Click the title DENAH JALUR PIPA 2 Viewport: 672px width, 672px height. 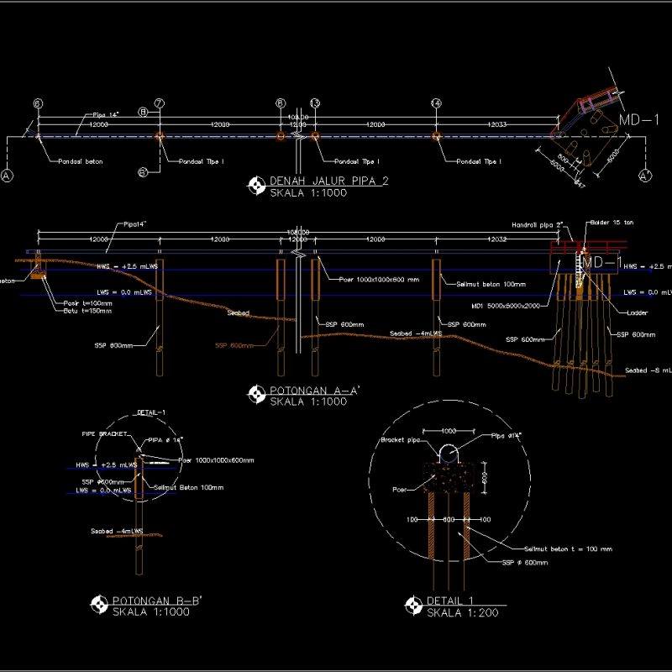click(329, 181)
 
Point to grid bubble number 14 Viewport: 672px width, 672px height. click(436, 103)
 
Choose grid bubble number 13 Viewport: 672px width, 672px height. click(315, 103)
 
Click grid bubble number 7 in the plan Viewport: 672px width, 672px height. click(159, 103)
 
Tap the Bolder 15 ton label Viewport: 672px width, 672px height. click(611, 223)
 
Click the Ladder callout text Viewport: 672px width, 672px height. click(638, 312)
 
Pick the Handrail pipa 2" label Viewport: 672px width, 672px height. click(537, 225)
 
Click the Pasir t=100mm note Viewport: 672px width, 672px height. click(88, 302)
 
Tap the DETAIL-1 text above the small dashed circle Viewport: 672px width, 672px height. click(151, 412)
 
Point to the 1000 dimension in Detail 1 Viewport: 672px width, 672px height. click(448, 430)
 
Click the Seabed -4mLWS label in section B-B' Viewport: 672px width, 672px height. click(117, 531)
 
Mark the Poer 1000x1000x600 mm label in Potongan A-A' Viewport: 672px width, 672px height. click(379, 280)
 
